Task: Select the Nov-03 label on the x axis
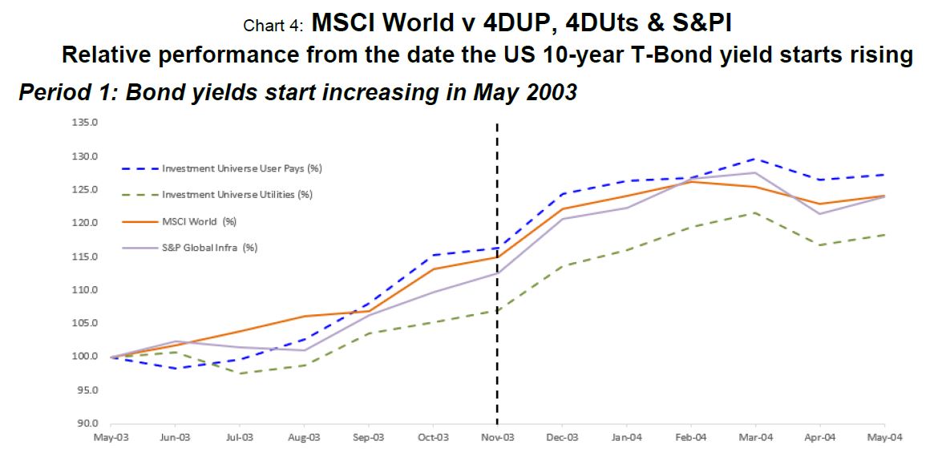(497, 437)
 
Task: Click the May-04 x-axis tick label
(884, 437)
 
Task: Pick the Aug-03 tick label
(304, 437)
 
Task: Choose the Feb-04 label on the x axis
(691, 437)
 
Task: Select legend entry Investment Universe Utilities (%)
(237, 195)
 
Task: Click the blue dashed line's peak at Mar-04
(755, 159)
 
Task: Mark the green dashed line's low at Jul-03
(240, 374)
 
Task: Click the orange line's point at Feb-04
(691, 181)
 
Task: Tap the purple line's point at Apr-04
(819, 213)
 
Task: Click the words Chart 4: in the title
(273, 26)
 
